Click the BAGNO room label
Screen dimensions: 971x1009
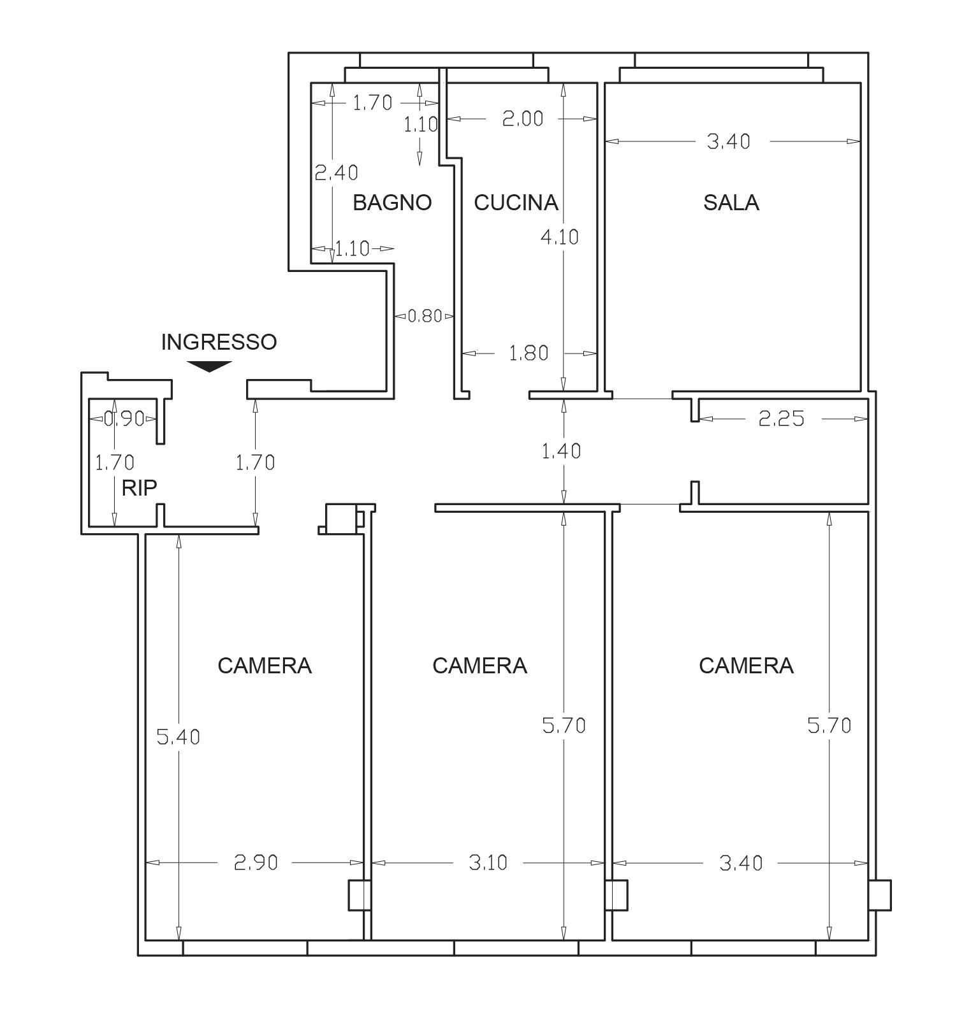click(x=392, y=203)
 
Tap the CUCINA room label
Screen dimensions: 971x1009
click(x=516, y=203)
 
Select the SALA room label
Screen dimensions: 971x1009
click(x=731, y=203)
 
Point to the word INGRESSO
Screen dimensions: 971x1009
click(x=219, y=342)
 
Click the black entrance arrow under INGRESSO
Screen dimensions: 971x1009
click(x=209, y=366)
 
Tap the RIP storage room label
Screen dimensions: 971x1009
click(x=139, y=488)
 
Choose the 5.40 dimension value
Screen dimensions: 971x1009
click(x=179, y=737)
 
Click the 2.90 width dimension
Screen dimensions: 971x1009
click(x=256, y=862)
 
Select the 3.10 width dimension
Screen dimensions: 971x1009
click(x=488, y=862)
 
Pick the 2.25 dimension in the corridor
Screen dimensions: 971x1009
click(x=782, y=419)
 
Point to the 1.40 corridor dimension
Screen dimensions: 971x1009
click(x=561, y=451)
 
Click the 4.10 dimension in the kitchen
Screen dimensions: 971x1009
click(x=559, y=237)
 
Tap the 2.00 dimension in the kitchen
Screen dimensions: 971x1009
click(x=523, y=118)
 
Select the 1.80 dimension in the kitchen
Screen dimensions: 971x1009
click(x=529, y=353)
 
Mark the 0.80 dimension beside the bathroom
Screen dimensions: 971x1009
click(x=425, y=316)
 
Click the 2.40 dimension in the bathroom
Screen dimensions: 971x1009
click(x=337, y=173)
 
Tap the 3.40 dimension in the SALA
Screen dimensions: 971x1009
click(x=729, y=141)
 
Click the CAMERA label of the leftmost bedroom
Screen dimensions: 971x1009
click(x=265, y=666)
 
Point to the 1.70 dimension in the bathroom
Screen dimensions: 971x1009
click(x=373, y=103)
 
